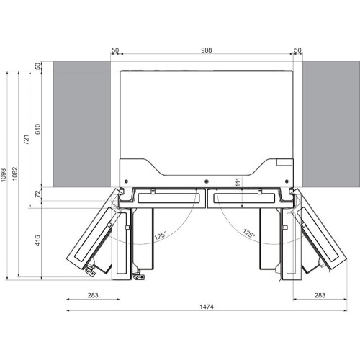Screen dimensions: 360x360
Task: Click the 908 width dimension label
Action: [207, 50]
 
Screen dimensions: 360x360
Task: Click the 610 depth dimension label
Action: [38, 127]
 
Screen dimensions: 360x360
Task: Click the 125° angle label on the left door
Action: [160, 235]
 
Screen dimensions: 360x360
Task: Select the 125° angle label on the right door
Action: [248, 233]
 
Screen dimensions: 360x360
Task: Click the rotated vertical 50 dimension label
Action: [38, 66]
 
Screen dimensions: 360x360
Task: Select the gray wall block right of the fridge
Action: [330, 126]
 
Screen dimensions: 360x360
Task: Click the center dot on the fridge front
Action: [207, 180]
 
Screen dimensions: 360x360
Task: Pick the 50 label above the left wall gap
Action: [114, 50]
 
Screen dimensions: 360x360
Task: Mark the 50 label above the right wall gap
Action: [298, 50]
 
